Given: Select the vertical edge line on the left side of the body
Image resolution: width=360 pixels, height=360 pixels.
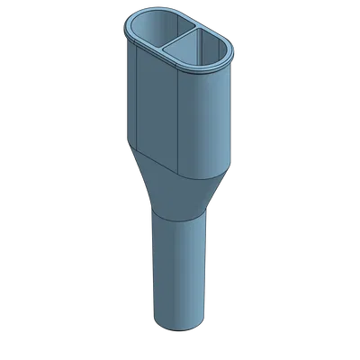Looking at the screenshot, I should (135, 99).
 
